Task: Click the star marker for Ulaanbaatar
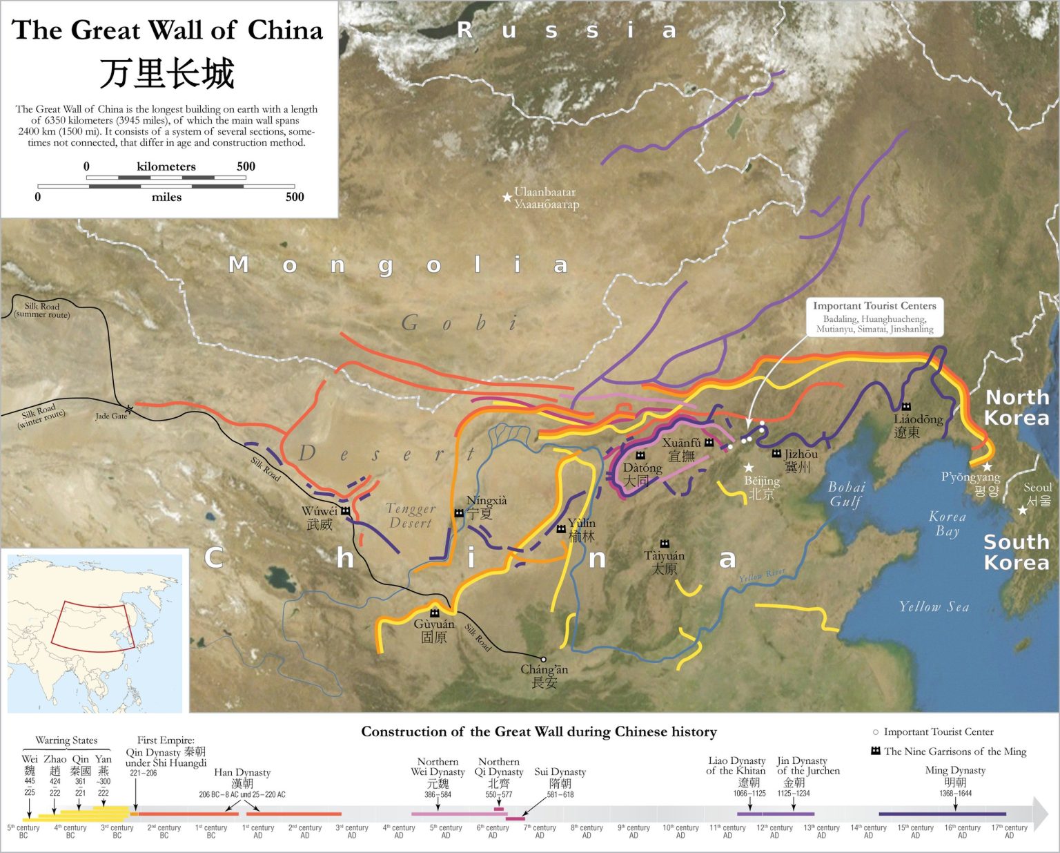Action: tap(507, 198)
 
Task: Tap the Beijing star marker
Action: tap(749, 468)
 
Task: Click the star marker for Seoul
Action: tap(1022, 510)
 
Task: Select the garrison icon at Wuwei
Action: tap(345, 511)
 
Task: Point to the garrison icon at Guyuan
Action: tap(435, 613)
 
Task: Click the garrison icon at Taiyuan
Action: tap(665, 544)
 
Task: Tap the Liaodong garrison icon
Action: tap(906, 406)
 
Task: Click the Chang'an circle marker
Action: tap(543, 660)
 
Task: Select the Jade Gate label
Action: tap(111, 416)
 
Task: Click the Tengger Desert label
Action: tap(411, 515)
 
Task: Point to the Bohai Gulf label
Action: tap(845, 495)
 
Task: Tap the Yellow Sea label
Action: tap(934, 607)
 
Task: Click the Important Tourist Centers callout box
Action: tap(874, 317)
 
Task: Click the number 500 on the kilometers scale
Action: tap(246, 166)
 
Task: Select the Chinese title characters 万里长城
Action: tap(168, 73)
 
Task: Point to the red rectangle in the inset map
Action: tap(93, 626)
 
